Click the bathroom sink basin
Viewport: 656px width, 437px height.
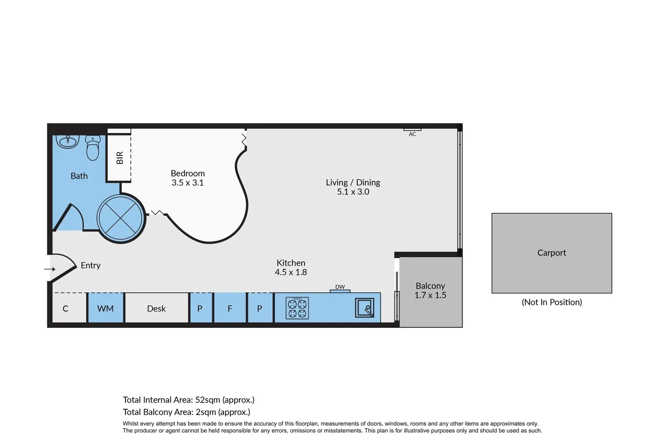click(68, 142)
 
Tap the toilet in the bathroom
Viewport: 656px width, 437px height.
click(93, 148)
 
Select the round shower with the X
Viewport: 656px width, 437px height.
click(121, 218)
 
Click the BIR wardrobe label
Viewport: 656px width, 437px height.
click(120, 158)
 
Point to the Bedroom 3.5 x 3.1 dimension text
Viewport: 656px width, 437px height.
click(187, 183)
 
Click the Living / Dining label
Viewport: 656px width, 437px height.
click(353, 182)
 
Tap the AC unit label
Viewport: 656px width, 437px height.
click(412, 134)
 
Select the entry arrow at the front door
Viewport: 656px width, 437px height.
click(50, 269)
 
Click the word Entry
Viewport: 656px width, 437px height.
click(90, 265)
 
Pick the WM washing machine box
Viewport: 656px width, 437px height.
click(105, 308)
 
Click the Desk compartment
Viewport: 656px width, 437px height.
click(157, 308)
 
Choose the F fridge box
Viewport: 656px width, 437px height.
click(230, 308)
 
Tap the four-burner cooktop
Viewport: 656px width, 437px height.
click(297, 308)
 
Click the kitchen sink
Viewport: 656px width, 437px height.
click(364, 308)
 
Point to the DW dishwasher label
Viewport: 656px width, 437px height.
click(340, 287)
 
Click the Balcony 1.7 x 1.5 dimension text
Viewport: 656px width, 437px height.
click(430, 295)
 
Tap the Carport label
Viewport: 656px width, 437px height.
click(552, 253)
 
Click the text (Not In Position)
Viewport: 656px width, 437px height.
click(552, 302)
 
